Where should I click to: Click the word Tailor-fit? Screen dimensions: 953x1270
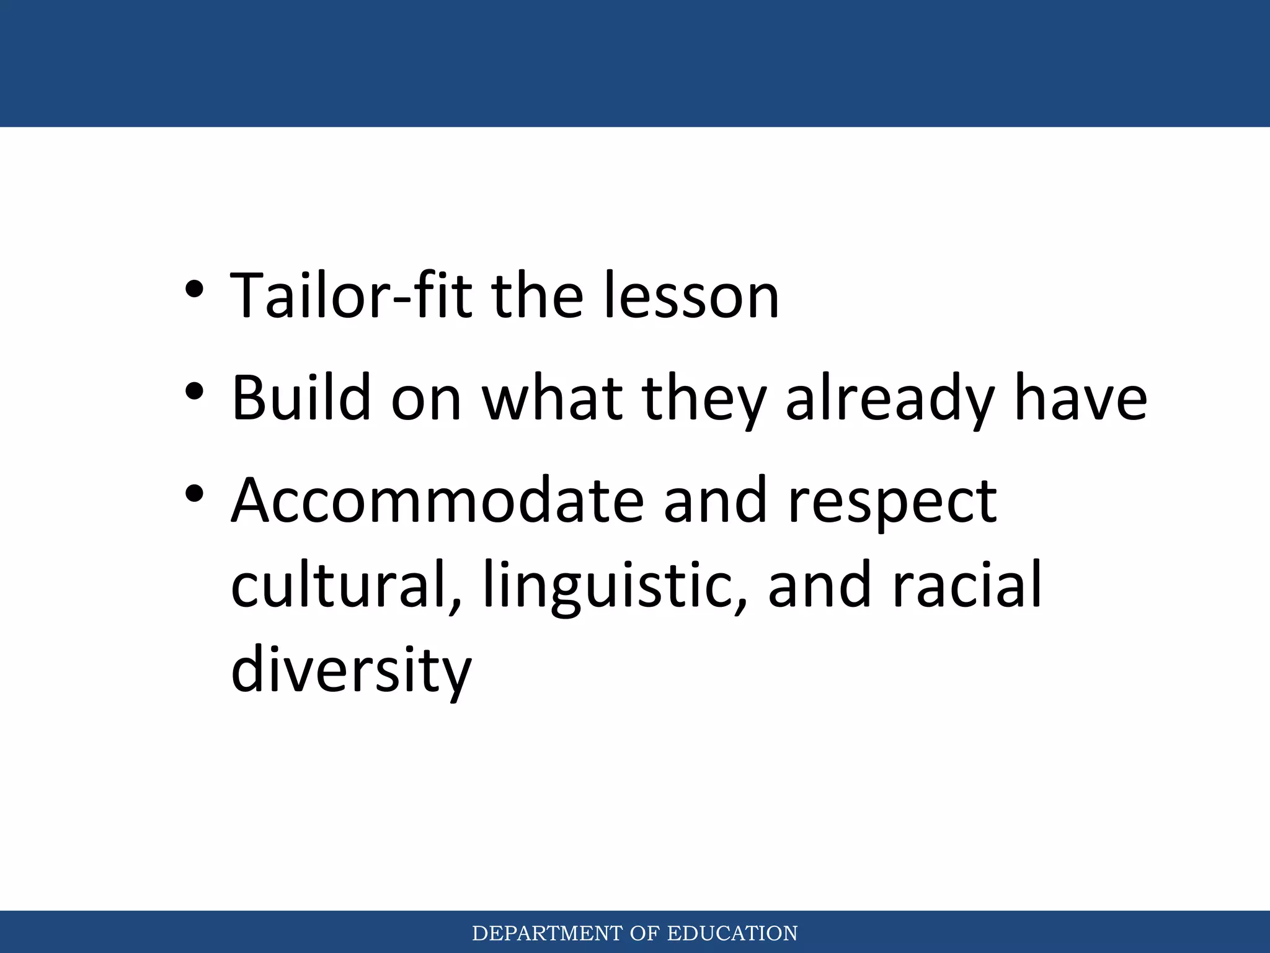(x=351, y=297)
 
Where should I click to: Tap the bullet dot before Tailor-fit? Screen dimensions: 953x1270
(x=194, y=290)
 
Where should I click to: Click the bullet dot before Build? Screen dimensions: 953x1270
(x=194, y=392)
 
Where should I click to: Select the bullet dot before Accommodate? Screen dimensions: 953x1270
(x=194, y=494)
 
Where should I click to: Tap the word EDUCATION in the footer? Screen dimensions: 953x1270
(x=732, y=933)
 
